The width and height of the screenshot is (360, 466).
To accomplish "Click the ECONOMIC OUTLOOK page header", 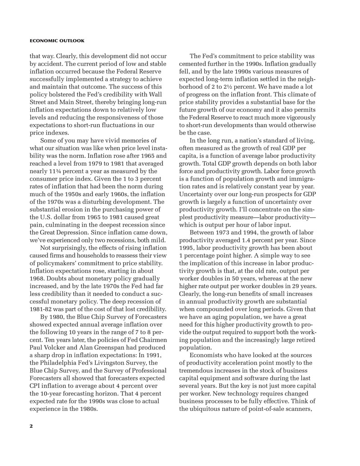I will click(57, 41).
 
